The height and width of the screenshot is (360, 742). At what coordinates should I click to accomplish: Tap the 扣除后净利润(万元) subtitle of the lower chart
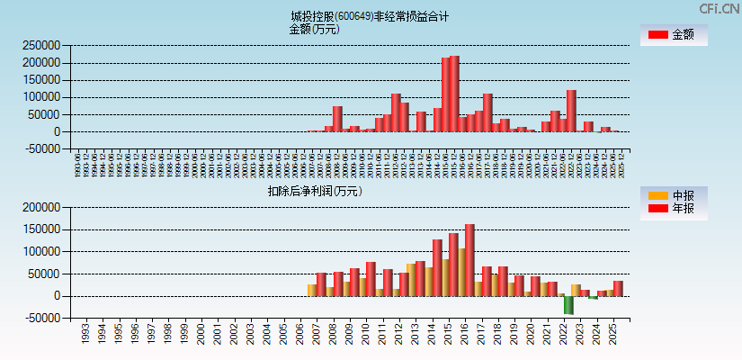click(314, 191)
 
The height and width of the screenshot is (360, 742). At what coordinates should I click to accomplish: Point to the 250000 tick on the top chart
click(41, 45)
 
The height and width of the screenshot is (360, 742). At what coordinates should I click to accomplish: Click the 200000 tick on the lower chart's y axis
click(41, 207)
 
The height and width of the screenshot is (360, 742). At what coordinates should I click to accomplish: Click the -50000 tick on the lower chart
click(43, 318)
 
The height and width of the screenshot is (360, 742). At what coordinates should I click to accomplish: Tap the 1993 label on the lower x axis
click(85, 335)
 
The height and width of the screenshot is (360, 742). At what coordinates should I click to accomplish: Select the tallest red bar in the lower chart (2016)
click(469, 260)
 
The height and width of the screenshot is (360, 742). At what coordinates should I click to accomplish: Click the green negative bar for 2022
click(568, 305)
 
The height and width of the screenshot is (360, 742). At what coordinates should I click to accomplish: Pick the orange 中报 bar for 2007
click(311, 290)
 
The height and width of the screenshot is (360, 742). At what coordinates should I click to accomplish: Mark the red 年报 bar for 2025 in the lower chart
click(618, 288)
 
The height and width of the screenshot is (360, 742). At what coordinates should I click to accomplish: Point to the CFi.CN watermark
click(719, 9)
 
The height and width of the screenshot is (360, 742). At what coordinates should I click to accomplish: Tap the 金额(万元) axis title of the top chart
click(314, 29)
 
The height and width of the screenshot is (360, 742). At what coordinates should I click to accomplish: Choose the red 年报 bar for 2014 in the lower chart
click(437, 267)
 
